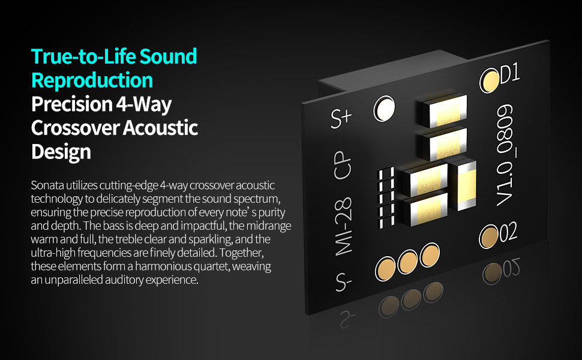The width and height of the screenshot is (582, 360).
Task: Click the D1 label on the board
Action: [509, 74]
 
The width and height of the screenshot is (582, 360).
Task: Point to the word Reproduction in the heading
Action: [92, 80]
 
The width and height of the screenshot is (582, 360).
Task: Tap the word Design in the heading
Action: [61, 151]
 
